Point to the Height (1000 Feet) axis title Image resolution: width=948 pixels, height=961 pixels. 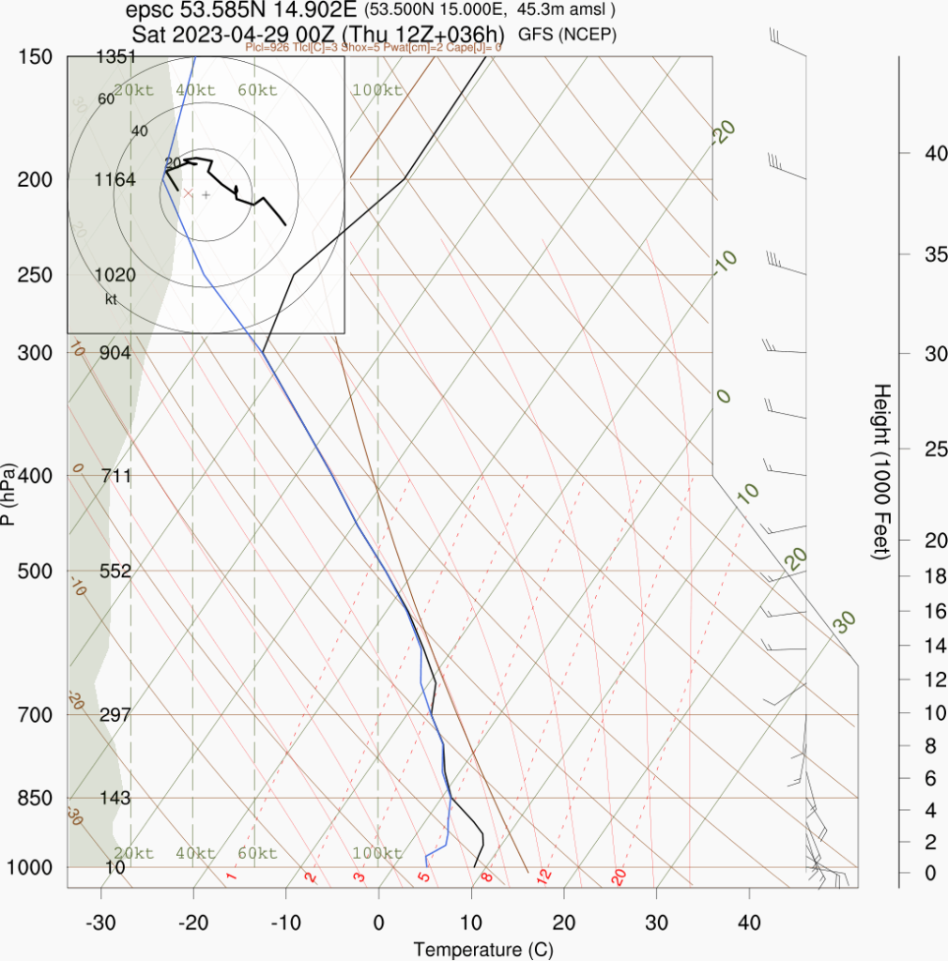[x=881, y=471]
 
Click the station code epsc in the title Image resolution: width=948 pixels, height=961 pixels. [x=144, y=11]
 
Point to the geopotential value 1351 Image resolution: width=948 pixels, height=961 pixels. [x=116, y=57]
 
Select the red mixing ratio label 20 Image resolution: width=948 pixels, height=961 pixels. [x=619, y=877]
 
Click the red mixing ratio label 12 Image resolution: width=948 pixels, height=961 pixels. [x=543, y=877]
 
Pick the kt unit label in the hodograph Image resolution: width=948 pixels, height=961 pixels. [x=112, y=299]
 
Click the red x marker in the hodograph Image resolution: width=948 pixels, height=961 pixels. [x=187, y=194]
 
